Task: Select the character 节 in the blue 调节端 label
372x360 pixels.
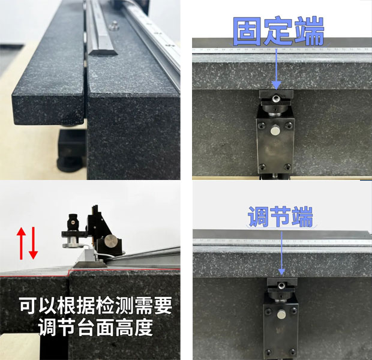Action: pos(281,217)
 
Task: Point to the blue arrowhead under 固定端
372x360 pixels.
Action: pos(276,83)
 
